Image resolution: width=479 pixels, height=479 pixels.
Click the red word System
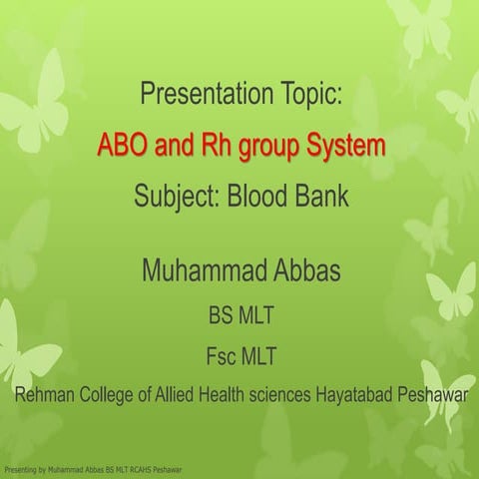coord(341,147)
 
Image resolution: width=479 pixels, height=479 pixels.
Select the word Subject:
coord(177,197)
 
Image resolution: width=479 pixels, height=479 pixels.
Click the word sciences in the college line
coord(294,394)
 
